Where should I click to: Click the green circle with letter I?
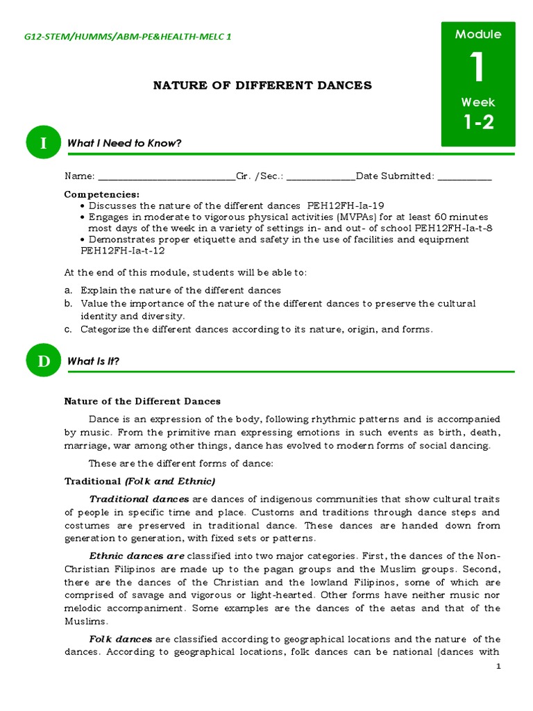44,143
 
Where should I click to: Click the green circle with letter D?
44,361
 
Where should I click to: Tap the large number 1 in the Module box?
477,68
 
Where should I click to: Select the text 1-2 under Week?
478,122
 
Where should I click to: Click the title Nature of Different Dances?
262,85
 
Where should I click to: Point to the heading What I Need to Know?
124,143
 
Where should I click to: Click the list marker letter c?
68,329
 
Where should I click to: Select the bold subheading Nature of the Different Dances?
142,401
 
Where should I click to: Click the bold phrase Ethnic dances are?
137,555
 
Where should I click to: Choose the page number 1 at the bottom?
498,667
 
